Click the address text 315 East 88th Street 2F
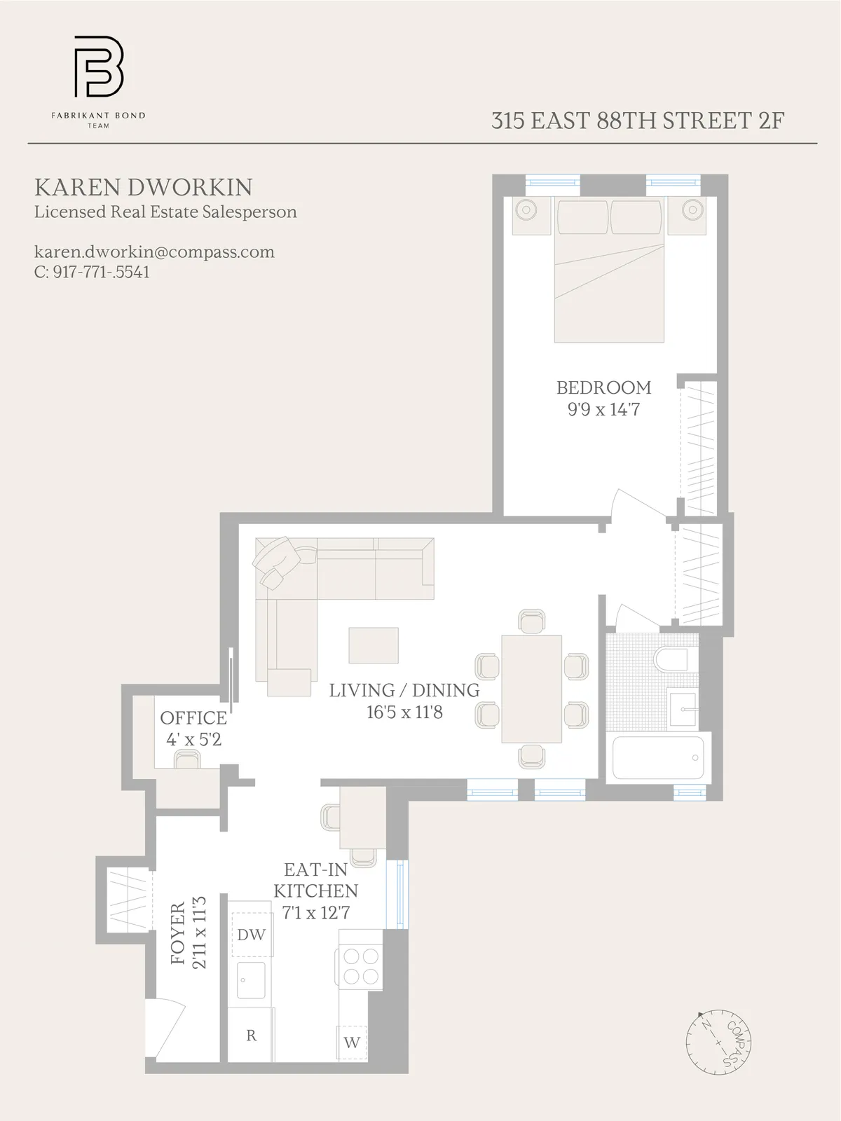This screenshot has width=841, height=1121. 637,121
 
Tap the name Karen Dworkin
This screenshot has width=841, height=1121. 144,187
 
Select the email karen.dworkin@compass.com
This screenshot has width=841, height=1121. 154,252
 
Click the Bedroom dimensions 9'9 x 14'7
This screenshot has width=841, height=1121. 603,409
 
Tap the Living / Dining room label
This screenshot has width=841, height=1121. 404,690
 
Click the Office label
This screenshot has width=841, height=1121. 193,718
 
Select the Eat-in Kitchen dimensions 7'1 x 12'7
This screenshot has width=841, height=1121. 315,912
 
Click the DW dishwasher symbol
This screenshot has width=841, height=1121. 252,935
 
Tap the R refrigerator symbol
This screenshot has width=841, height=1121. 251,1036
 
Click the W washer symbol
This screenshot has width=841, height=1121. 352,1042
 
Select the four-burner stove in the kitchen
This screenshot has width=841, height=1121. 360,966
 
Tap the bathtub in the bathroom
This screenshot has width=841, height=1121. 657,758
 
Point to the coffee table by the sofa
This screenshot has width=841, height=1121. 374,645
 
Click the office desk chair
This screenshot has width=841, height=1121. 187,759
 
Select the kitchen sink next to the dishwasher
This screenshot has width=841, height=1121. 251,979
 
